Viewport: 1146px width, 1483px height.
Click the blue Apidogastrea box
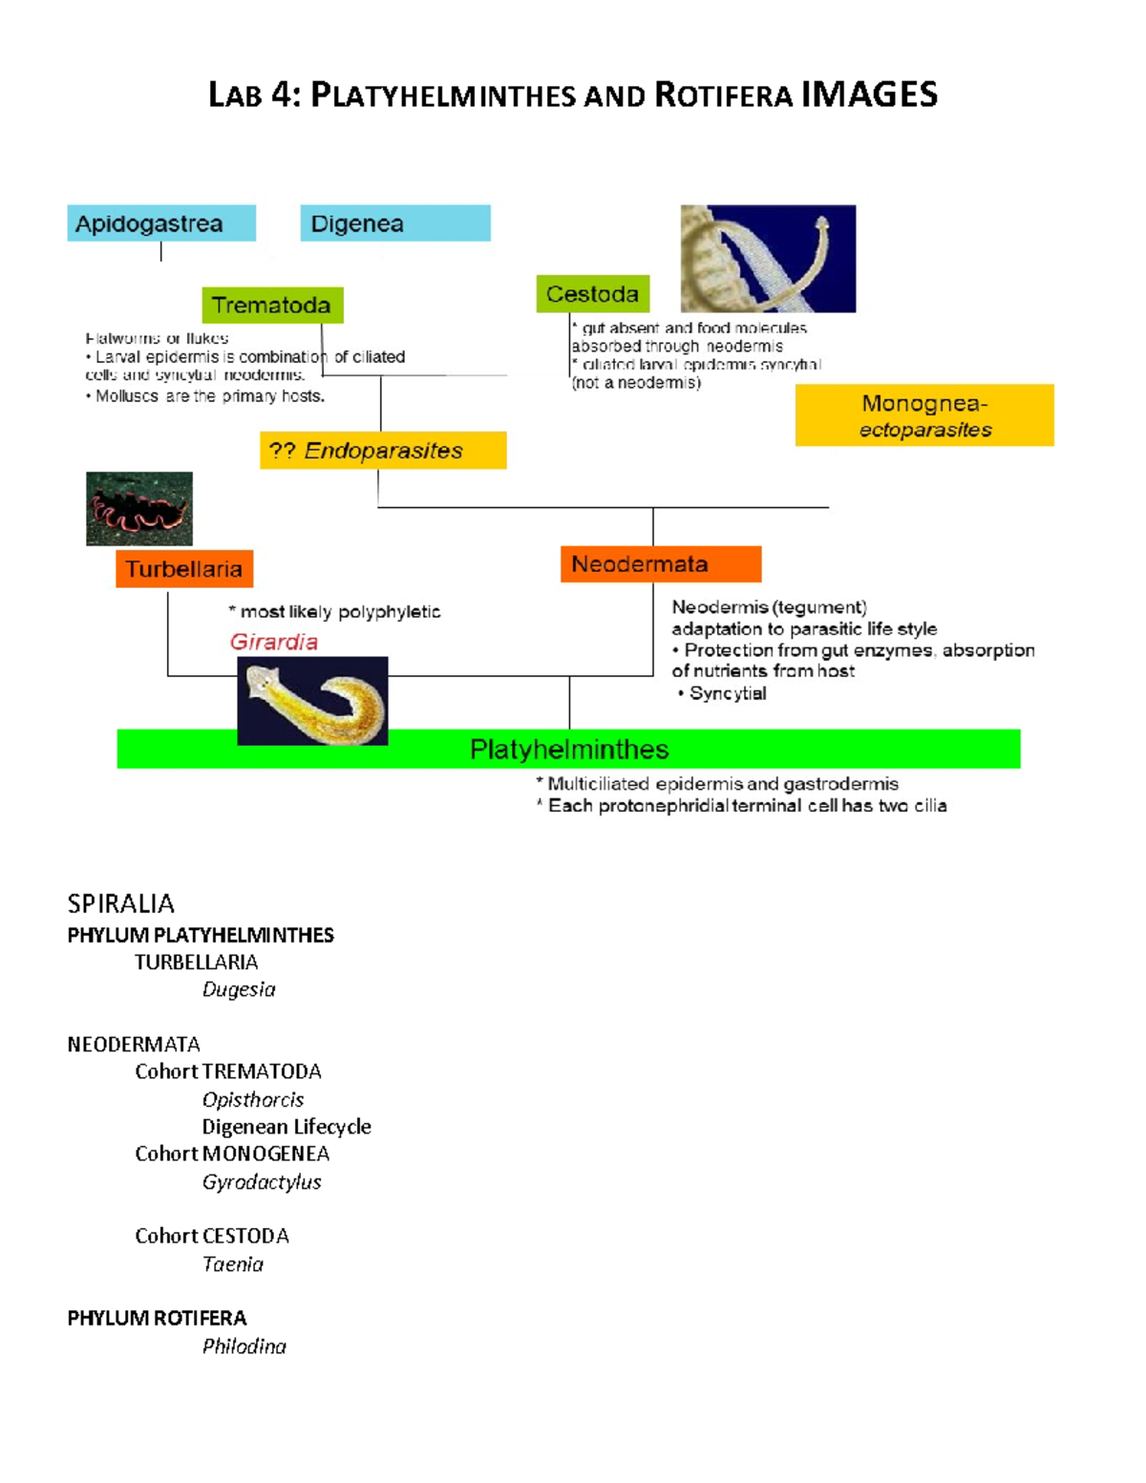(x=160, y=223)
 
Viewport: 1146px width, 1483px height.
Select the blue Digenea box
(x=394, y=223)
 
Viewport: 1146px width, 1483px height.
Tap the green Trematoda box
(x=272, y=306)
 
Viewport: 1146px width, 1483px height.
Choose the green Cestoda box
(x=592, y=294)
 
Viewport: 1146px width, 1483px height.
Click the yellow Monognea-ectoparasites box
(x=923, y=415)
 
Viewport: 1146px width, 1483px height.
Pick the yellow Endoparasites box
(x=382, y=451)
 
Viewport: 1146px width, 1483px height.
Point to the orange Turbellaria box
(x=184, y=569)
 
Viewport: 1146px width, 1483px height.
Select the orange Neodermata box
(x=660, y=564)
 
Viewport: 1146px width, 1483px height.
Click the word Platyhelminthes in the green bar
(x=569, y=750)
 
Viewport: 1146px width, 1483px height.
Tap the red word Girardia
(x=274, y=642)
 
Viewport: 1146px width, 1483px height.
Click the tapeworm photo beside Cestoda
(x=768, y=259)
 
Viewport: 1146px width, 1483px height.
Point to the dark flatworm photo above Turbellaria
(x=139, y=508)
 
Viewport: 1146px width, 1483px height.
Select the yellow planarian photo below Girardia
(x=312, y=701)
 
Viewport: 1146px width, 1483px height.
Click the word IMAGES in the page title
(x=869, y=95)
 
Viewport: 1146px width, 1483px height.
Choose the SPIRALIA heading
(x=121, y=903)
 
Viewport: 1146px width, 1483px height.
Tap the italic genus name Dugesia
(x=239, y=989)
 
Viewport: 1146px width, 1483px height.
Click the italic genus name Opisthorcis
(x=253, y=1099)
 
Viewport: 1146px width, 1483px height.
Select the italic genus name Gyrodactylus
(x=262, y=1181)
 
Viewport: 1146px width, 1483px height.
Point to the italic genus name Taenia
(x=233, y=1263)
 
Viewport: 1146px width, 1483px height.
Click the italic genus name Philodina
(x=244, y=1345)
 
